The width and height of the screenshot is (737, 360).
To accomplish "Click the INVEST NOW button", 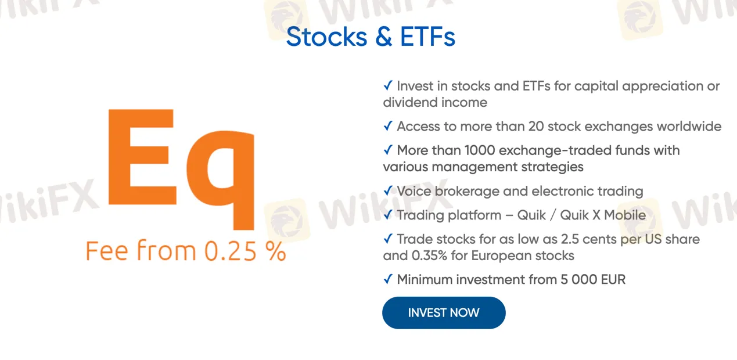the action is click(x=444, y=312).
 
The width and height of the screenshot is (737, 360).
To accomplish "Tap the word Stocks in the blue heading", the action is click(x=326, y=37).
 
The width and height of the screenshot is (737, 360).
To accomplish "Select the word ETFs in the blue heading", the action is click(x=427, y=37).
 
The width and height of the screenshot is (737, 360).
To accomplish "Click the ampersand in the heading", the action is click(x=384, y=37).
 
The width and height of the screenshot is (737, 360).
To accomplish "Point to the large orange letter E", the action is click(x=142, y=157).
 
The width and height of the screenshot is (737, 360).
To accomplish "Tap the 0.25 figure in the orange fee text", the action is click(x=231, y=251).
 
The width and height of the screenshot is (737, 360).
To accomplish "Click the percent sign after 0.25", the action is click(x=276, y=251).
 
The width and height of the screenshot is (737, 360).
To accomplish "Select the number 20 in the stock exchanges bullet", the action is click(x=536, y=127).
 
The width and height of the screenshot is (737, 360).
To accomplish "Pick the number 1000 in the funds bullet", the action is click(x=480, y=150).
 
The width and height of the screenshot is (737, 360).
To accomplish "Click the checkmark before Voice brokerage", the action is click(x=388, y=190).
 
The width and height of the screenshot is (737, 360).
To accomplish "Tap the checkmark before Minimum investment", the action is click(x=388, y=279).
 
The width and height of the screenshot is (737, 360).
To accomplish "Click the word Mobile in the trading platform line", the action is click(x=625, y=215).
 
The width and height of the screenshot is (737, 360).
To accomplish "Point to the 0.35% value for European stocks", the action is click(x=429, y=255).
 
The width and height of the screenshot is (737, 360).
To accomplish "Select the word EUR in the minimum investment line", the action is click(x=613, y=280).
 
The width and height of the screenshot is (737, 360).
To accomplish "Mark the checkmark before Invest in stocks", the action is click(x=388, y=85).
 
